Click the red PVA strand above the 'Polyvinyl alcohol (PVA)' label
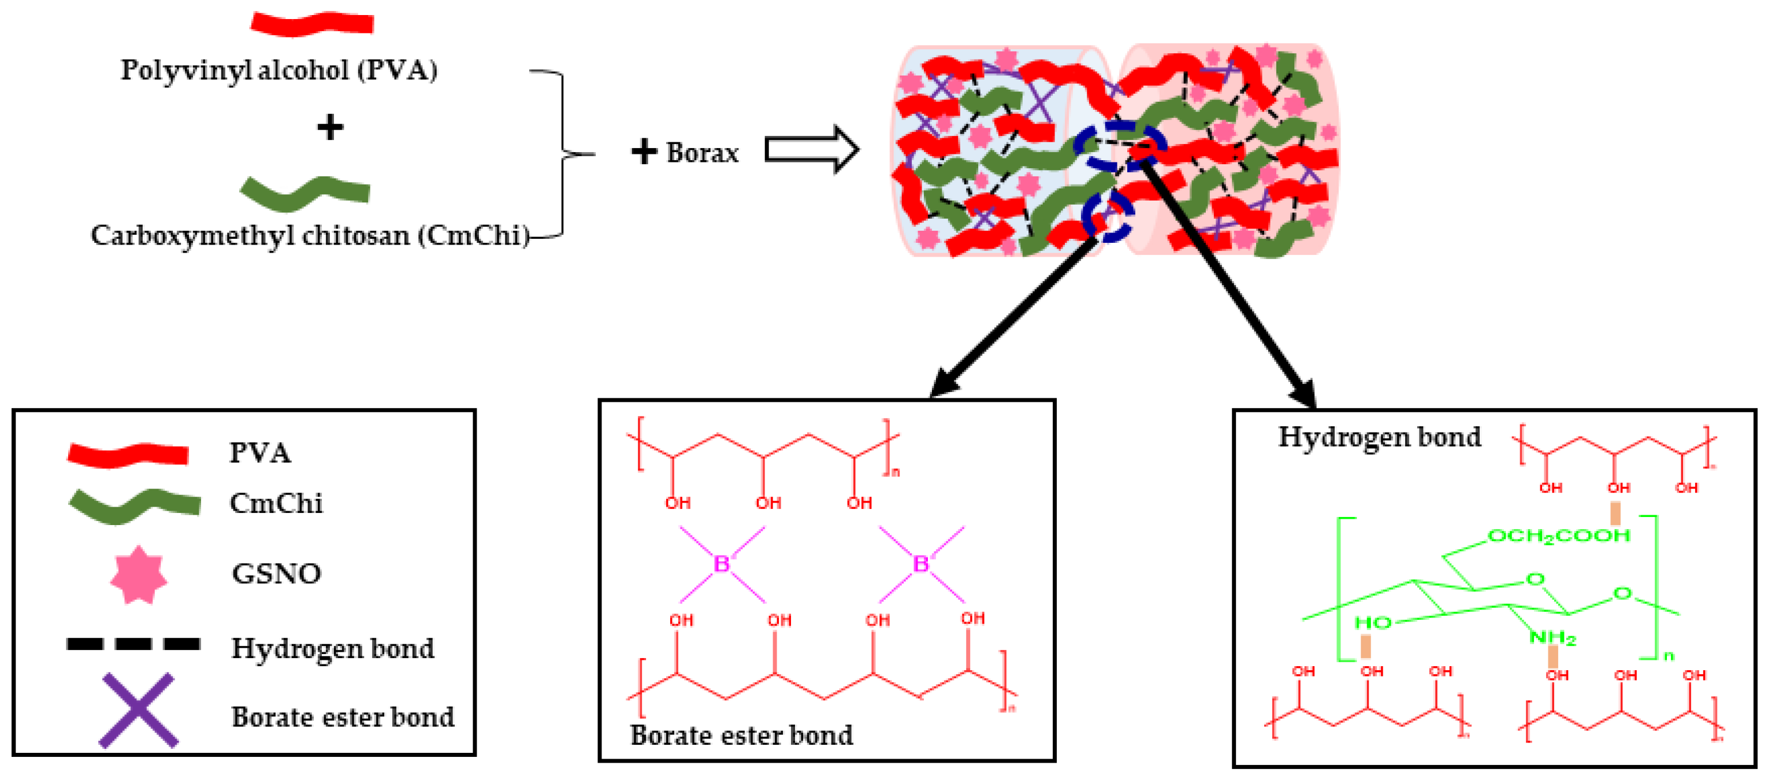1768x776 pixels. (312, 23)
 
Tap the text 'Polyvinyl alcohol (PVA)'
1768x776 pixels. (278, 70)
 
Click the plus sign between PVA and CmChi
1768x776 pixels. (330, 128)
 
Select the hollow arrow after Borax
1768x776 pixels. (811, 149)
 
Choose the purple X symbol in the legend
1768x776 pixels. (139, 710)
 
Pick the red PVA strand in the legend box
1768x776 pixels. (128, 454)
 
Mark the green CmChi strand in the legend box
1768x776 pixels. (135, 505)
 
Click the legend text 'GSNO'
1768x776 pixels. (277, 574)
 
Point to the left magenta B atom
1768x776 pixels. (721, 564)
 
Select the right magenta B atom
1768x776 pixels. (920, 564)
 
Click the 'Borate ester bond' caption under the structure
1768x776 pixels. (741, 736)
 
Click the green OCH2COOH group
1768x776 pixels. (1558, 535)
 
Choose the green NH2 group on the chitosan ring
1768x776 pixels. (1552, 638)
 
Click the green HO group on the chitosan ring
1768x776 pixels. (1373, 623)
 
